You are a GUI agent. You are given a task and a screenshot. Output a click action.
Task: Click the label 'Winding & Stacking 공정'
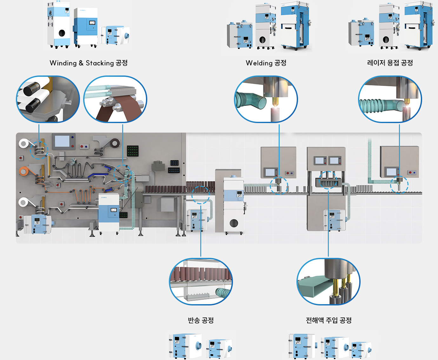coord(89,63)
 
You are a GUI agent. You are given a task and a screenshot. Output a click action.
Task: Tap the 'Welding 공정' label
coord(266,63)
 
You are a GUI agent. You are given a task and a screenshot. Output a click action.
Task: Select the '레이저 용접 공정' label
coord(390,63)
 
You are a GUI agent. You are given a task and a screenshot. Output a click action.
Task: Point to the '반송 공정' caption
coord(201,320)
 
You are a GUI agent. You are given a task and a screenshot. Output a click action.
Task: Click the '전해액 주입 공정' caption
coord(328,320)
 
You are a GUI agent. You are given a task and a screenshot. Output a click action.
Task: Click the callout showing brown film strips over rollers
coord(115,99)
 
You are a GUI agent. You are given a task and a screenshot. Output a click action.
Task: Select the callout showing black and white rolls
coord(48,99)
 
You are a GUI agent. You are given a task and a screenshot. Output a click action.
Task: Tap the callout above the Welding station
coord(266,99)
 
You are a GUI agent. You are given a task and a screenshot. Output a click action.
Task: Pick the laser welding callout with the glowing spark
coord(390,99)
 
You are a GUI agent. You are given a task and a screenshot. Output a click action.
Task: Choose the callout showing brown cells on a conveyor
coord(201,282)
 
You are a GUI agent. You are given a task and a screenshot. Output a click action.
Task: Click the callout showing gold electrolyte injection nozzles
coord(328,282)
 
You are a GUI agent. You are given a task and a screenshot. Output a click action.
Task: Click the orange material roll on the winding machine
coord(23,171)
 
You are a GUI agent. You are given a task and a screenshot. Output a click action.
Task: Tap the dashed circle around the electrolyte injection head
coord(328,180)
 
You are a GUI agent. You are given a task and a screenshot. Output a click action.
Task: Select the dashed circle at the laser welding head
coord(399,185)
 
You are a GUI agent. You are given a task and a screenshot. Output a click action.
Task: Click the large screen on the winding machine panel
coord(62,141)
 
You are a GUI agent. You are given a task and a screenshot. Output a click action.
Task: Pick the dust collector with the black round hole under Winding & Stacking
coord(59,25)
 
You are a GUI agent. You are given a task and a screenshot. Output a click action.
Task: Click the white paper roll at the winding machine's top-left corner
coord(23,144)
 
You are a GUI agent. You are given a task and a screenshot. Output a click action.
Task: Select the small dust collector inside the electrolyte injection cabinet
coord(334,219)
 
